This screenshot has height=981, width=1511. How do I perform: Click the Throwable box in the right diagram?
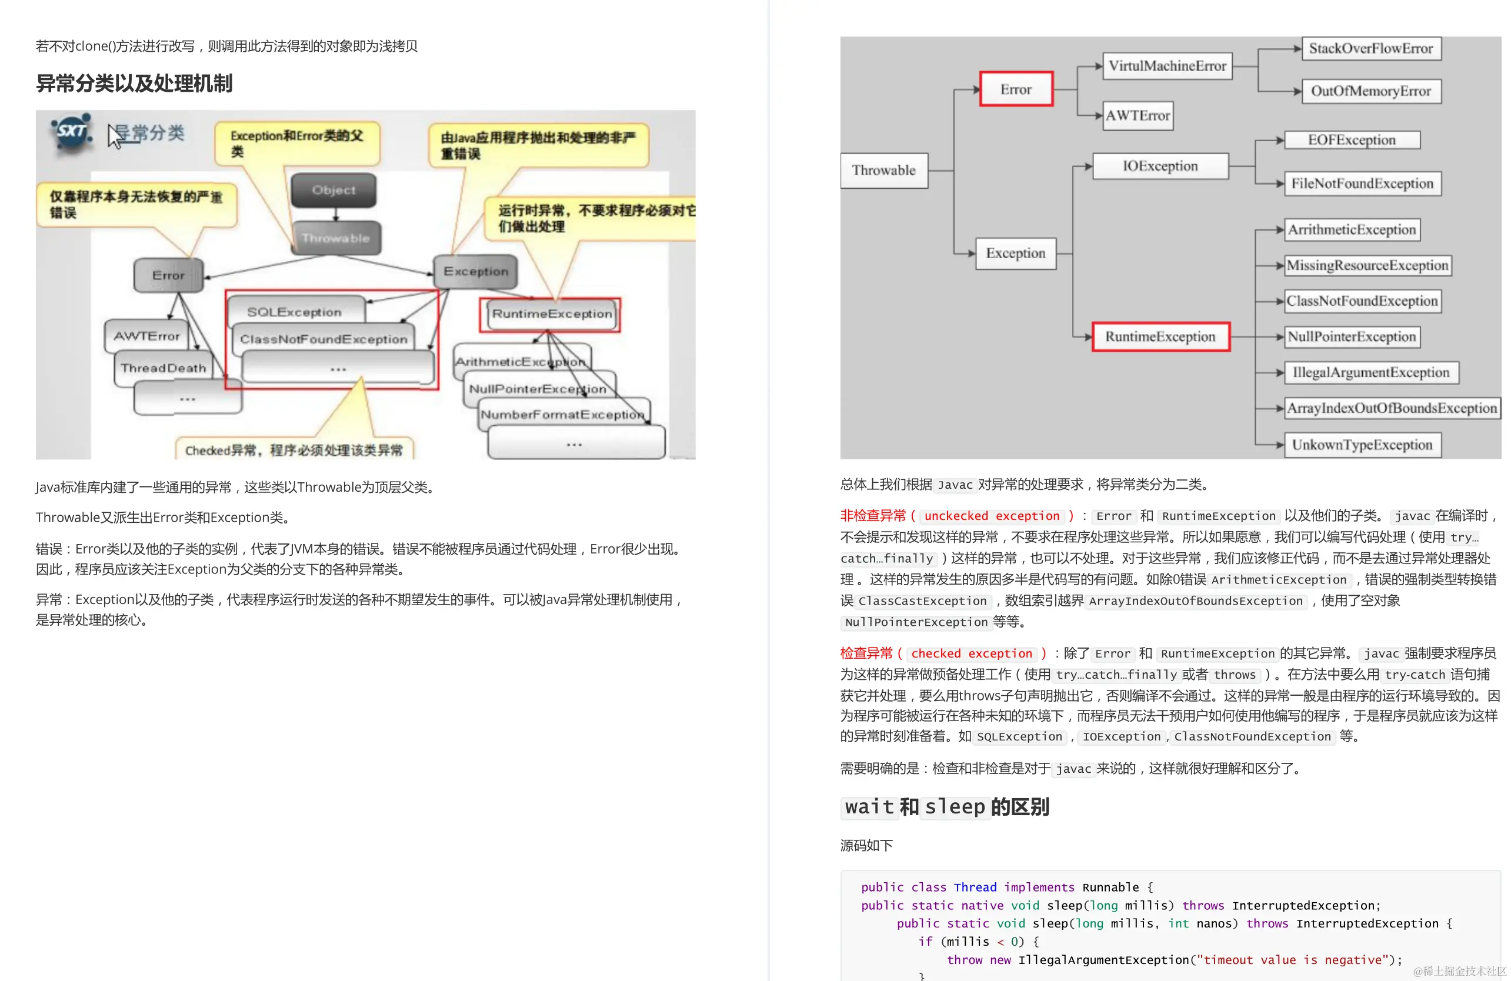[884, 170]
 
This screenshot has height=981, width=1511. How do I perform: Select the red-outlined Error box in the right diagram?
[1016, 89]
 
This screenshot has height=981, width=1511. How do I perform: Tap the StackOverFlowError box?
[1370, 48]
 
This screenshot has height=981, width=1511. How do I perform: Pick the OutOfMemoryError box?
[1370, 91]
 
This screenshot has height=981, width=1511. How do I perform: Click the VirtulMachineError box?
[1167, 66]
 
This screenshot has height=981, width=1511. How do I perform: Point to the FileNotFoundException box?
[1362, 183]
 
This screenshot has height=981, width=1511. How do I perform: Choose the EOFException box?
[1352, 141]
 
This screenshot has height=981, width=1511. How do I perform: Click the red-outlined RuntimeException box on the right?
[1160, 336]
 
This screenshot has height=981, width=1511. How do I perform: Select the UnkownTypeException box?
[1362, 445]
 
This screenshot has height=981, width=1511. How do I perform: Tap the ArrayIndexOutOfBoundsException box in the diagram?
[1392, 408]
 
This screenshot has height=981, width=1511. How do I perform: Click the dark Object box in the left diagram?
[334, 190]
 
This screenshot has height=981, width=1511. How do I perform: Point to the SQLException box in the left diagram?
[295, 312]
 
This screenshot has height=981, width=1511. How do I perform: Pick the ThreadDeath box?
[163, 368]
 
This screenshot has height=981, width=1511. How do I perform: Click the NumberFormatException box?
[562, 415]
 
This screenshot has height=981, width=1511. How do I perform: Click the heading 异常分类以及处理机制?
[134, 83]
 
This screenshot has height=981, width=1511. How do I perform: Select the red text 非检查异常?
[873, 516]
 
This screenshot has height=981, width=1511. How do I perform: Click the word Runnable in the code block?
[1110, 887]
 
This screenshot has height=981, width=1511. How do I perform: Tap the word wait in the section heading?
[869, 807]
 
